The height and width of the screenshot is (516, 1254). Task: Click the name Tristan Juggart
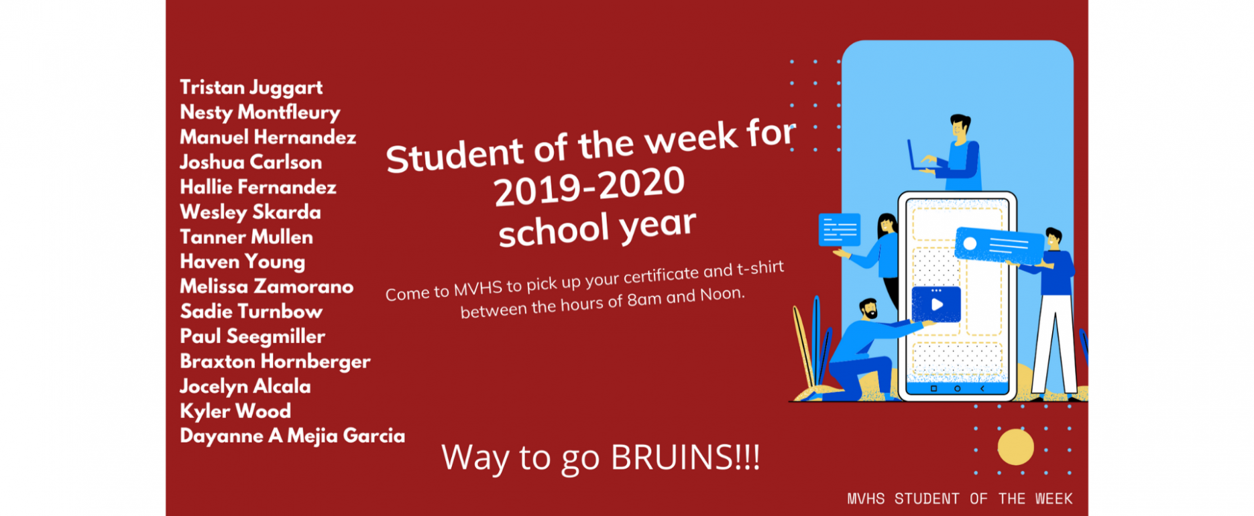(251, 88)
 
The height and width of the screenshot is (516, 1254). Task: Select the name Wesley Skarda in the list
(250, 212)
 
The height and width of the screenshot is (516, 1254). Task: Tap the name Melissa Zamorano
(266, 287)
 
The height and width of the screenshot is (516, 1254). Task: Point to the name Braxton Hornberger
(275, 362)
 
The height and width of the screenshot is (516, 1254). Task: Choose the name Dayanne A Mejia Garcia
(292, 436)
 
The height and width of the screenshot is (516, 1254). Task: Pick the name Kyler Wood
(235, 411)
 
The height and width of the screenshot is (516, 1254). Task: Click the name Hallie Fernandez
(258, 187)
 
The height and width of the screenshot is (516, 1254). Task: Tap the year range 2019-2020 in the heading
(589, 187)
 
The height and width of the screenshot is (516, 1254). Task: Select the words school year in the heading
(597, 229)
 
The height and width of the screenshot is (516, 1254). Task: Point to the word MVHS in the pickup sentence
(478, 289)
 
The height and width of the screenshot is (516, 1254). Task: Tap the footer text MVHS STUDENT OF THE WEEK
(960, 499)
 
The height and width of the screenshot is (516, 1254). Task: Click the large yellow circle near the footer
(1015, 447)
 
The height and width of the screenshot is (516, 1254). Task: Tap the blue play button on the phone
(936, 304)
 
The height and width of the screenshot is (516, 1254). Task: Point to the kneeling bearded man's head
(869, 309)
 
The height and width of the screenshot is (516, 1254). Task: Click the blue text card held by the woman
(840, 230)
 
